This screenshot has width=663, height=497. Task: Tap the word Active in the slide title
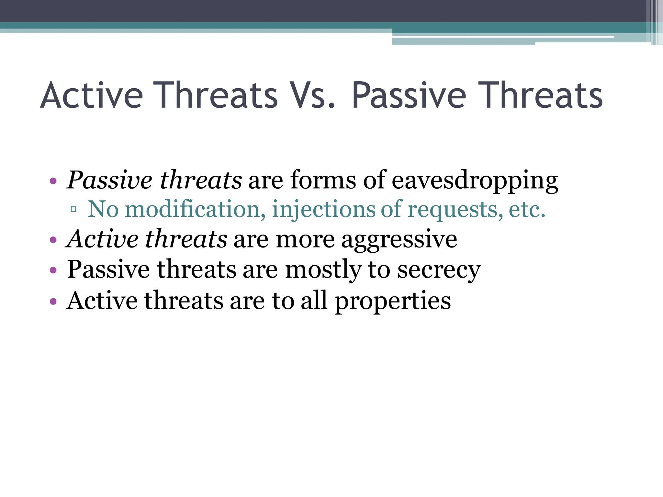coord(91,95)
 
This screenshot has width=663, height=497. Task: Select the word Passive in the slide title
coord(409,95)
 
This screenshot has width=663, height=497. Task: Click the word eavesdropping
coord(475,180)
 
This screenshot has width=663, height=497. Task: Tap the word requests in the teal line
coord(455,210)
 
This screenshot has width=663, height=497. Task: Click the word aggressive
coord(399,240)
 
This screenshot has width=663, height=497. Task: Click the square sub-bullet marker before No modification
coord(73,209)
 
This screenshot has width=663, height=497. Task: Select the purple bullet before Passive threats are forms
coord(53,181)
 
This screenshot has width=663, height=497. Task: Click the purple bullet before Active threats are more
coord(53,240)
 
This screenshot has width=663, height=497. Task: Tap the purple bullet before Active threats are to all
coord(53,302)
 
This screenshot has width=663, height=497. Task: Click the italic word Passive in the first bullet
coord(109,180)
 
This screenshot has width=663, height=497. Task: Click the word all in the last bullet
coord(314,300)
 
